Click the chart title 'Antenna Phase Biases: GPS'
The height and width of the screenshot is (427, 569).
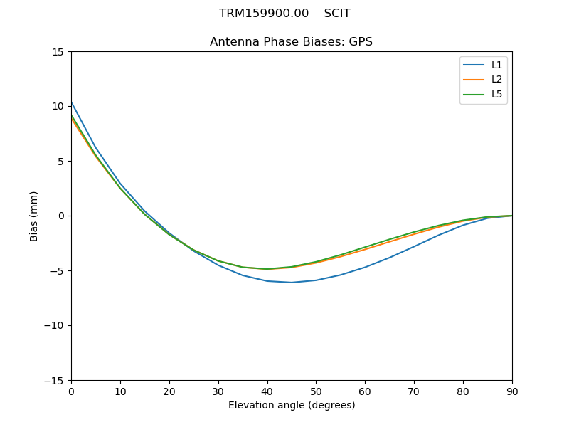(x=291, y=42)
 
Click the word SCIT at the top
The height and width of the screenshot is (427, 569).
(x=337, y=14)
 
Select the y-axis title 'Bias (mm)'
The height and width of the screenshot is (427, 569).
(x=34, y=216)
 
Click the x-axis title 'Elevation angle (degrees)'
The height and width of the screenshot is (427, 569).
(x=292, y=406)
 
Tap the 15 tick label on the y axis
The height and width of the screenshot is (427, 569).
(x=58, y=52)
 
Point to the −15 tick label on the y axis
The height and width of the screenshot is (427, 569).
(x=55, y=381)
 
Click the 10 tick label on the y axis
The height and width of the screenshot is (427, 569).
(x=58, y=107)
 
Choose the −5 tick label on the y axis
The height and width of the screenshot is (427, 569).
(x=58, y=271)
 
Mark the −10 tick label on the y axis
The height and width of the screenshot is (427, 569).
(x=55, y=326)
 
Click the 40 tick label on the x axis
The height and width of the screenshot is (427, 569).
(x=267, y=391)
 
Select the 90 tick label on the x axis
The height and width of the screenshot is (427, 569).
(x=512, y=391)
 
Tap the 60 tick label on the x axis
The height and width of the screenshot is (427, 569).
(x=365, y=391)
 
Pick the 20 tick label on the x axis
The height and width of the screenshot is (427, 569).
(x=169, y=391)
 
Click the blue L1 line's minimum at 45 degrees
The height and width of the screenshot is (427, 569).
(x=292, y=283)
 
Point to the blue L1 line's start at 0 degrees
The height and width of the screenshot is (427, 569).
(x=72, y=102)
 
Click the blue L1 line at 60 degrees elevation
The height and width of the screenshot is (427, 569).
(x=365, y=268)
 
